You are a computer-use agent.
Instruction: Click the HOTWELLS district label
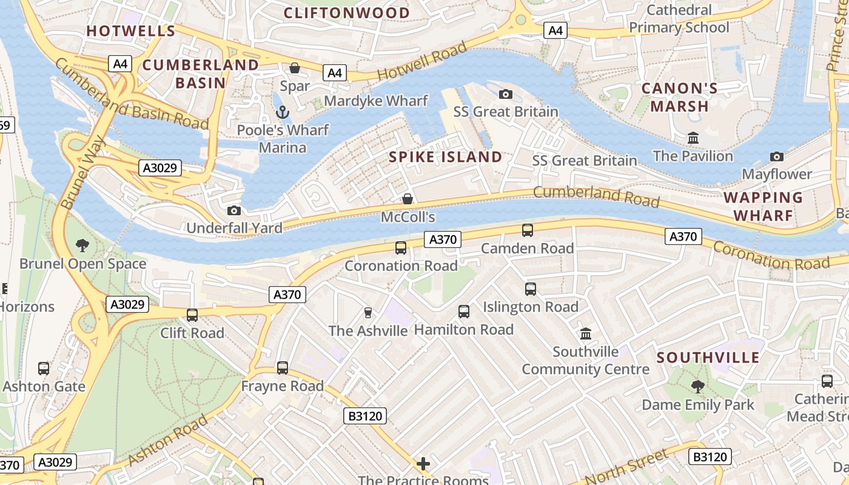point(130,31)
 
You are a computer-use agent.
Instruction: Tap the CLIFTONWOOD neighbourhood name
point(347,13)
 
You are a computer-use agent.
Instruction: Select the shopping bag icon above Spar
point(295,68)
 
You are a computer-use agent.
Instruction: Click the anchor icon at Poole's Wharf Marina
point(282,112)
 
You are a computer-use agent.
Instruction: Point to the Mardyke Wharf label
point(376,101)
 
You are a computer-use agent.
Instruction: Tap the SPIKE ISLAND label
point(446,157)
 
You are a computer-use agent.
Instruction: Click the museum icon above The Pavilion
point(693,138)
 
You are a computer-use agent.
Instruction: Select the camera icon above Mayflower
point(777,156)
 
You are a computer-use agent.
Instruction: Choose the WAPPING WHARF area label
point(763,206)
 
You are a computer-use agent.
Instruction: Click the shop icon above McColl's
point(408,199)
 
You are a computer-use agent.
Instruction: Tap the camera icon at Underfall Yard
point(233,210)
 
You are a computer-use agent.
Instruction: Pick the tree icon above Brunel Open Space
point(82,246)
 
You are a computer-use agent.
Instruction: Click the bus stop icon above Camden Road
point(528,230)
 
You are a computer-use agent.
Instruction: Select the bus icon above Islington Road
point(531,289)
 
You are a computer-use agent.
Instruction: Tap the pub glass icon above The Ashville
point(367,313)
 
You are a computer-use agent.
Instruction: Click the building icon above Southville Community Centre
point(586,333)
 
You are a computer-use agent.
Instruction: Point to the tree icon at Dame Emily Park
point(698,386)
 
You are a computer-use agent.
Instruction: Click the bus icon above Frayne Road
point(283,368)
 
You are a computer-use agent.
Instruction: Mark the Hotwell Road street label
point(422,61)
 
